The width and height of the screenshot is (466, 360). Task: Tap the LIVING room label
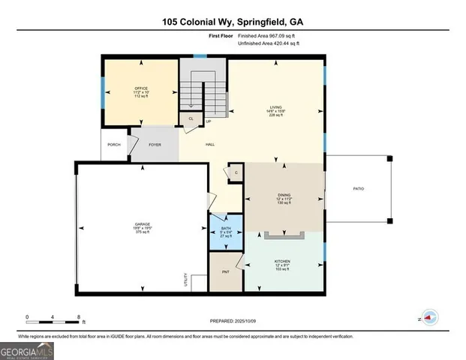[276, 107]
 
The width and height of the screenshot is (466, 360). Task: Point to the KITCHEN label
[282, 262]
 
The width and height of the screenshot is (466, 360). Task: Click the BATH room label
[226, 227]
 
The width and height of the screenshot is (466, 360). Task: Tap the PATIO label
[359, 187]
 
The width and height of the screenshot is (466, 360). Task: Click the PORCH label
[114, 144]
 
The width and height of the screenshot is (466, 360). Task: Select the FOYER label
[155, 144]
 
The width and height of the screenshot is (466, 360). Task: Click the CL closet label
[191, 118]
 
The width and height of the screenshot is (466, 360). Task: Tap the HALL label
[212, 144]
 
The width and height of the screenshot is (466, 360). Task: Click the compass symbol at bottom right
[429, 318]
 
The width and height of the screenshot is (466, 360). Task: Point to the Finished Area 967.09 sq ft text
[268, 35]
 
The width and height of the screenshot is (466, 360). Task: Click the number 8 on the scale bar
[78, 316]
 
